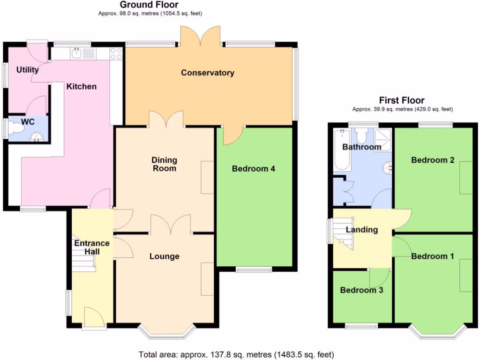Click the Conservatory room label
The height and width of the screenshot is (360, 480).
[x=208, y=73]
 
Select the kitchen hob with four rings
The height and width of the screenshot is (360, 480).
[x=116, y=53]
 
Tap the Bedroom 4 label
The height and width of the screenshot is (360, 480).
[x=253, y=169]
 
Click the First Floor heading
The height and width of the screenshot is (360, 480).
[x=402, y=100]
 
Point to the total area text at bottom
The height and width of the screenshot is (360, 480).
[x=236, y=354]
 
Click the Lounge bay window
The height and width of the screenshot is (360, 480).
[x=167, y=332]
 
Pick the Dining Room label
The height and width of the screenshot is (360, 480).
[x=164, y=164]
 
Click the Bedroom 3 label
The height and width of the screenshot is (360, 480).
[x=361, y=290]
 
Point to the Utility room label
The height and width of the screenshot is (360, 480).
[x=28, y=70]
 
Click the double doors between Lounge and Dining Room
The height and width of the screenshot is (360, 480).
[x=171, y=225]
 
